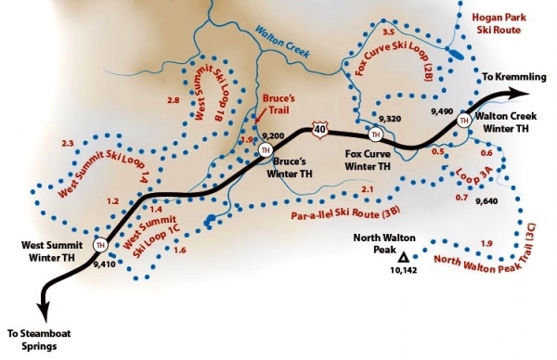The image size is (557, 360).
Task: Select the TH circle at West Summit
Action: tap(101, 246)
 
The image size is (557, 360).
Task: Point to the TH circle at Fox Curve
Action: tap(376, 135)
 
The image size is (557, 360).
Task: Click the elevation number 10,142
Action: tap(402, 270)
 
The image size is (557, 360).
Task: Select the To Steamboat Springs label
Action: tap(45, 340)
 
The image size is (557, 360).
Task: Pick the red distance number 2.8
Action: tap(173, 100)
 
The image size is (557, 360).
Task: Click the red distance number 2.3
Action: tap(67, 143)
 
